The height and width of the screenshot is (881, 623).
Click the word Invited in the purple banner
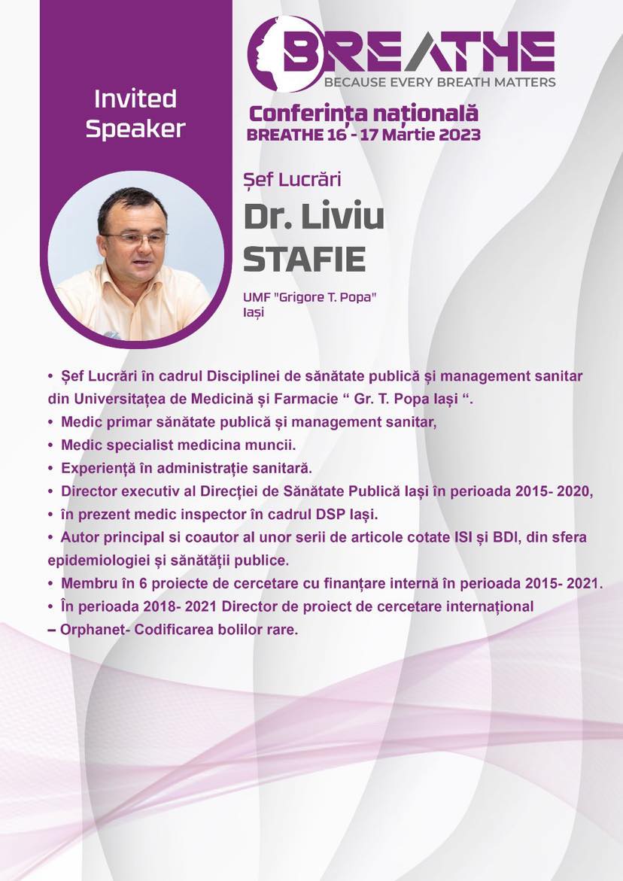pos(135,99)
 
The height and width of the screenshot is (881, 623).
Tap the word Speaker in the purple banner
pos(135,129)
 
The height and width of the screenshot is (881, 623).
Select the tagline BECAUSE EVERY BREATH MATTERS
pos(440,82)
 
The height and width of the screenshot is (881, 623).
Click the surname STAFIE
pos(304,259)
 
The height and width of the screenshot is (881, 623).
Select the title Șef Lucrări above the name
pos(292,180)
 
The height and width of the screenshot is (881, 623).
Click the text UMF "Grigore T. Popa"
pos(309,298)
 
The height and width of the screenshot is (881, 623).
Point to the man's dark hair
pos(132,205)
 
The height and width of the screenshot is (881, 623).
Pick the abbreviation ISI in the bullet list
pos(461,538)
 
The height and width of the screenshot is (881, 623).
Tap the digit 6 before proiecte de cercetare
pos(143,584)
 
